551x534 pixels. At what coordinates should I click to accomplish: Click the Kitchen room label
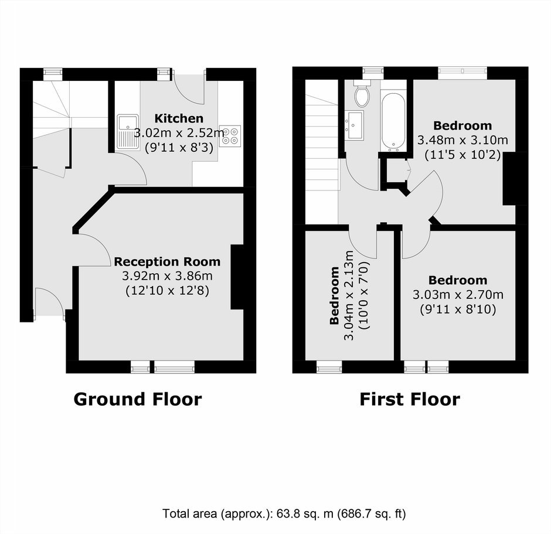click(179, 118)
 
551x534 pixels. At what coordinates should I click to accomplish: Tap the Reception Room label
click(167, 262)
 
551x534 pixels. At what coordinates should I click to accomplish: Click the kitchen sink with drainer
click(128, 131)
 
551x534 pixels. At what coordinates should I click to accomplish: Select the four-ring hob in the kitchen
click(230, 136)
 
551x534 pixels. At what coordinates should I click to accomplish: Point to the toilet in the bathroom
click(362, 93)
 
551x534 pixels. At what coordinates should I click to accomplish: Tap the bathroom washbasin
click(354, 125)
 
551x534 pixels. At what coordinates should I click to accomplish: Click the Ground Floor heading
click(138, 399)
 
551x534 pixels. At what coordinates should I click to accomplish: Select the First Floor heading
click(410, 399)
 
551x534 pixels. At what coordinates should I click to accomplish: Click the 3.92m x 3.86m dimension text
click(167, 276)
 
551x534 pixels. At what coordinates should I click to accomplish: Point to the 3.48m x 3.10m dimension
click(462, 140)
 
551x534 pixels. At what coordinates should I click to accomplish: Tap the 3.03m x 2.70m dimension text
click(458, 295)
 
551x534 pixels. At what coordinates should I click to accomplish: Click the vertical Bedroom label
click(335, 295)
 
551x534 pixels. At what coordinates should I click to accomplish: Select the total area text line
click(284, 514)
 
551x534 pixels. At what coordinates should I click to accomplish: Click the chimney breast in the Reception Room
click(237, 277)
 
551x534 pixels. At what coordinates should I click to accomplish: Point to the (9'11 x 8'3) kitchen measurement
click(179, 148)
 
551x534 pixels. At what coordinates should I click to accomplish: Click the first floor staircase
click(322, 152)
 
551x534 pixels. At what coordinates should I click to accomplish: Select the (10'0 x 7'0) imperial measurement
click(364, 295)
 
